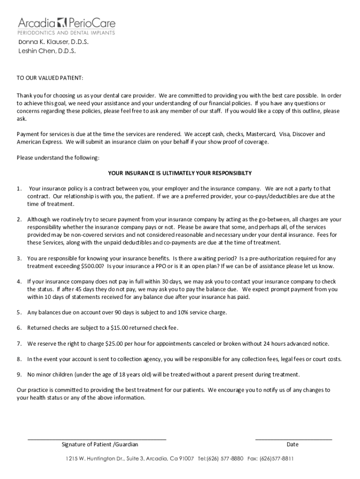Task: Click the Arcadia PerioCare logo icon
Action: [x=62, y=22]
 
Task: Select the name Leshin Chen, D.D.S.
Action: [x=47, y=51]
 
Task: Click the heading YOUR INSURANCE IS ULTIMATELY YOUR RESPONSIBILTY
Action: [x=180, y=173]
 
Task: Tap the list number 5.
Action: [x=19, y=312]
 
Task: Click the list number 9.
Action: [x=19, y=375]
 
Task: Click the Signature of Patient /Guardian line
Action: [x=97, y=439]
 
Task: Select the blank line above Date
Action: [x=293, y=439]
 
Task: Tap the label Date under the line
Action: [x=293, y=444]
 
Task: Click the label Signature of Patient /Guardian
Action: [x=100, y=444]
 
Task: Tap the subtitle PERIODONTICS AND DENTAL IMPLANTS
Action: [x=66, y=33]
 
